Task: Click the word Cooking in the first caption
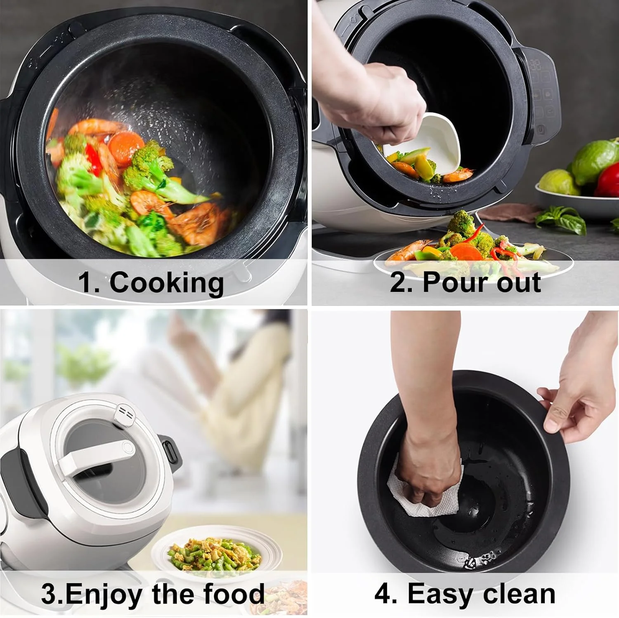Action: click(166, 283)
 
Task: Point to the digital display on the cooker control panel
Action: click(535, 65)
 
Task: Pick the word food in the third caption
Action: click(234, 595)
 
